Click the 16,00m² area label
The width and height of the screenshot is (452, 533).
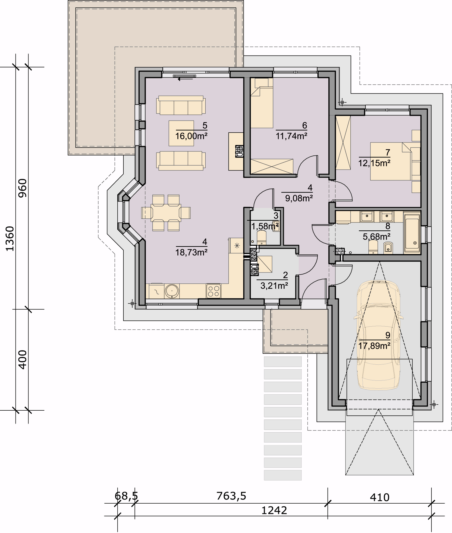click(x=191, y=136)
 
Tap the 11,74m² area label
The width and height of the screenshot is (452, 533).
click(x=291, y=136)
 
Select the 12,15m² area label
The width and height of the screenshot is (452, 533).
click(x=374, y=163)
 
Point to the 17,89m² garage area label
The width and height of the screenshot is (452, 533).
click(x=374, y=346)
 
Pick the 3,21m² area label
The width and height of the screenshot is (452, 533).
click(x=274, y=286)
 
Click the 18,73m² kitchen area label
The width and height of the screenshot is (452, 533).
click(x=191, y=252)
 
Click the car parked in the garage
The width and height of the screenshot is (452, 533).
click(x=378, y=335)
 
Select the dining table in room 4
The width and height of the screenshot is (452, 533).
click(x=166, y=213)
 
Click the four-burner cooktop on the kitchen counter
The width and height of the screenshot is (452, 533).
click(x=213, y=291)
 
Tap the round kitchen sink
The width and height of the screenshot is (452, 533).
click(x=172, y=291)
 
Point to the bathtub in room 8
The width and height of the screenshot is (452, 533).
click(x=412, y=233)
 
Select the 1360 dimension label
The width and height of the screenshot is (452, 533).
click(x=10, y=239)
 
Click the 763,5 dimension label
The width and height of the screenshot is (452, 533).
click(x=231, y=496)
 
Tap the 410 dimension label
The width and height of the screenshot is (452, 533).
click(x=380, y=498)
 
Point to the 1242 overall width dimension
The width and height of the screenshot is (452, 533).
click(x=274, y=511)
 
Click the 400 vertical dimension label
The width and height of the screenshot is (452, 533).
click(x=22, y=359)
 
